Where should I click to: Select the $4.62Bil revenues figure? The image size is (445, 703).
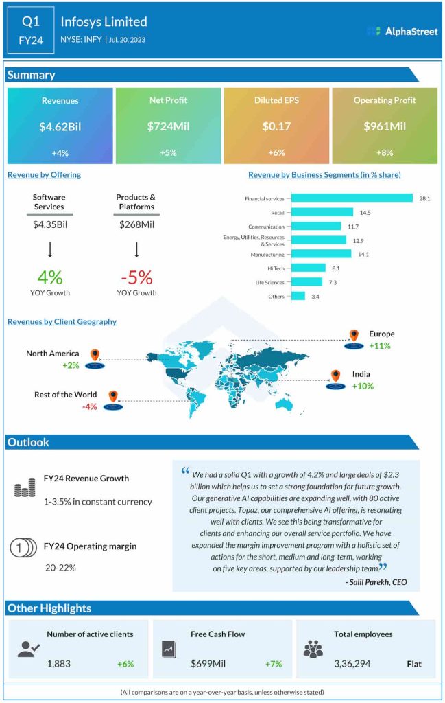coord(60,126)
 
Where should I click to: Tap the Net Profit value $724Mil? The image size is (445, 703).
coord(168,126)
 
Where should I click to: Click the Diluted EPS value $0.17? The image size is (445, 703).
coord(276,126)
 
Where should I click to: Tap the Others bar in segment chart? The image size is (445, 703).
coord(298,296)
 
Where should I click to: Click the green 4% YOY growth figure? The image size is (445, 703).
coord(49,277)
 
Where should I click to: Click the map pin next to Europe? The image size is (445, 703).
coord(354,336)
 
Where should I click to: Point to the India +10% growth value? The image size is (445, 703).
coord(362,387)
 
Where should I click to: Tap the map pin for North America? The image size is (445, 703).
coord(95,356)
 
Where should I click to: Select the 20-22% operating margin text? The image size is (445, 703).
coord(60,568)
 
